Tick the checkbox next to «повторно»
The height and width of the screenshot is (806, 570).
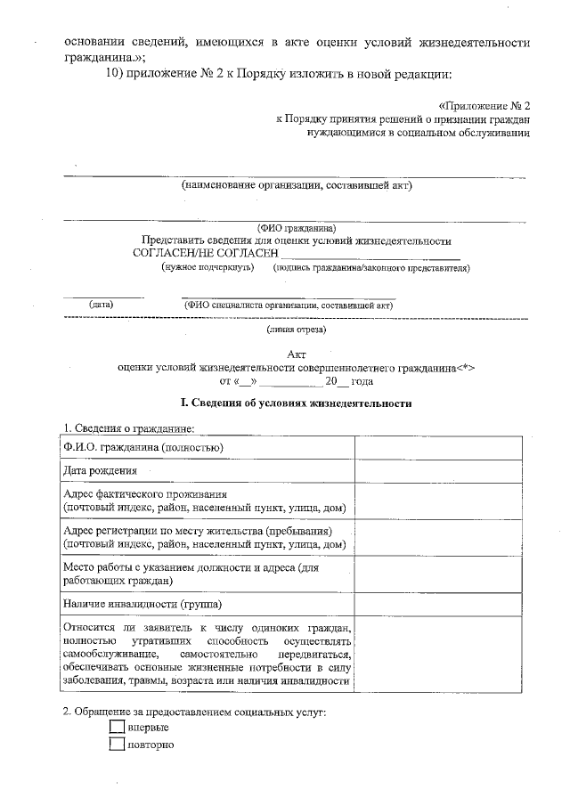click(x=116, y=745)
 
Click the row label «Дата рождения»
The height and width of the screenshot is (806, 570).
click(x=101, y=470)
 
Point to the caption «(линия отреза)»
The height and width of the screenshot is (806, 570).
click(x=297, y=330)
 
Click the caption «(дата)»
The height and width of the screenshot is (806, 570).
click(x=101, y=305)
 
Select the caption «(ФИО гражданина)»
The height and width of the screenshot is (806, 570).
click(x=297, y=227)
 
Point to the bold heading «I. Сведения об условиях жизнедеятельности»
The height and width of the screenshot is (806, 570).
click(x=297, y=403)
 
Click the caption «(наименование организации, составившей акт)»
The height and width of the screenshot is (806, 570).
click(x=297, y=186)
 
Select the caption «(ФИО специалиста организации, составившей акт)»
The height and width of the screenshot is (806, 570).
click(x=289, y=305)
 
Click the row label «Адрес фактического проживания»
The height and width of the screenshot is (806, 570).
click(x=145, y=494)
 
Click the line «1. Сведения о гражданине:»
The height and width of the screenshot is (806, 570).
click(x=128, y=427)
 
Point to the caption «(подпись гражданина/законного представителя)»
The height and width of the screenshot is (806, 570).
click(x=371, y=267)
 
